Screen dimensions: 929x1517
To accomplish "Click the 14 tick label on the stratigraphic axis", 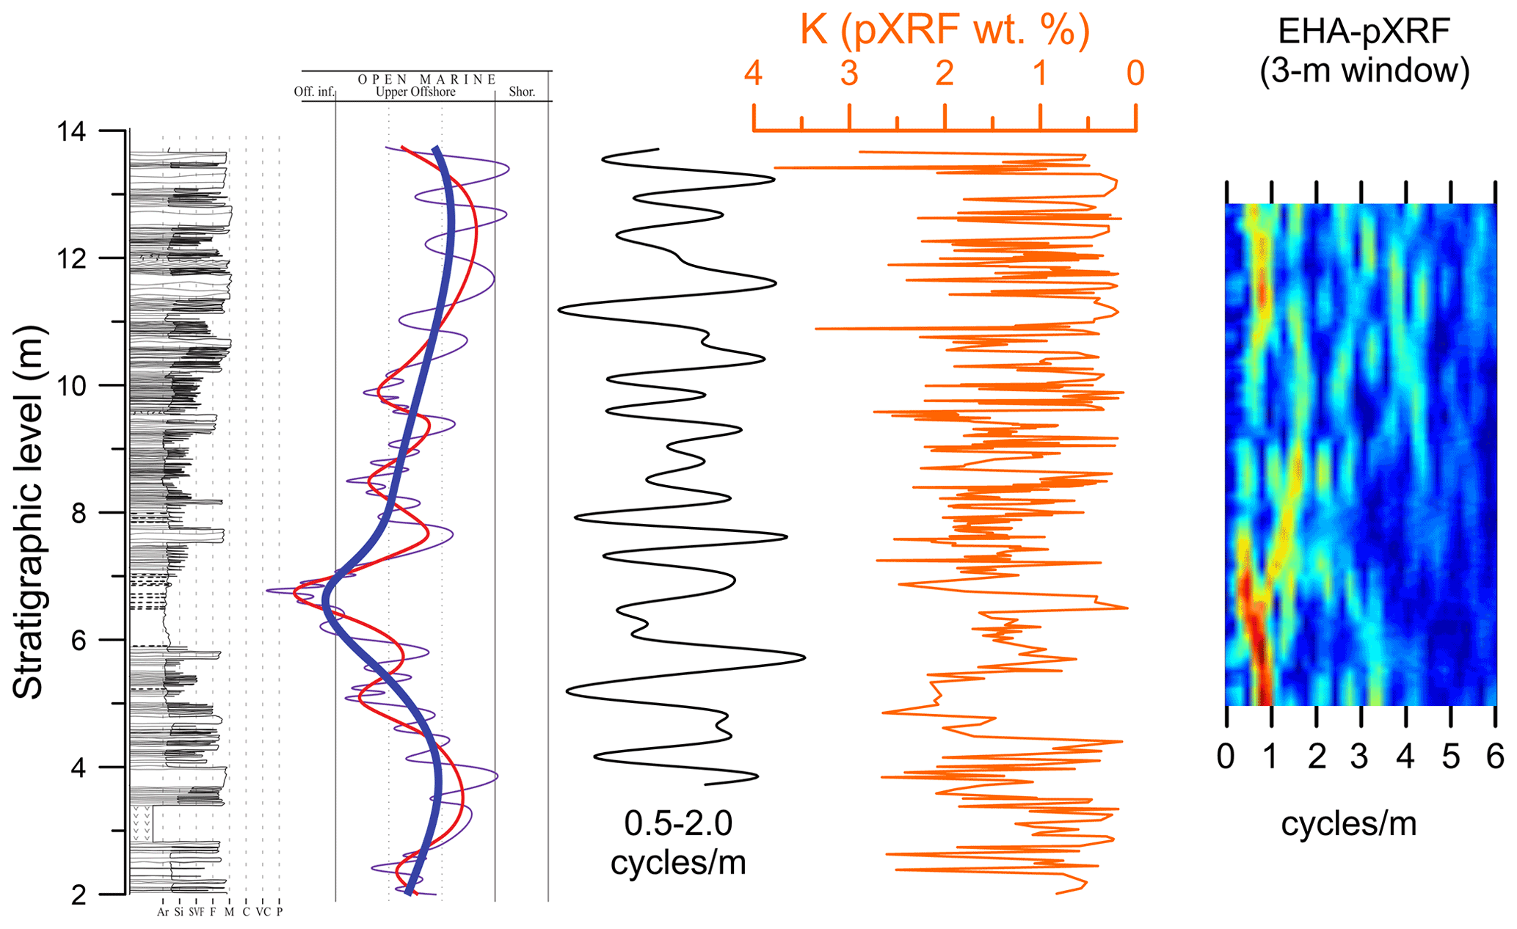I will [71, 131].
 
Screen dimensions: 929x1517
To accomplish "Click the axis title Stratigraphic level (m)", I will [29, 512].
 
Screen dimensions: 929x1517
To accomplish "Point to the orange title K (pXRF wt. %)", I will [945, 30].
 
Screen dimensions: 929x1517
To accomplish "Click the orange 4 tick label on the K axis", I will [754, 73].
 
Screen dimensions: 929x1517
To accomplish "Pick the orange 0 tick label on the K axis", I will [1135, 73].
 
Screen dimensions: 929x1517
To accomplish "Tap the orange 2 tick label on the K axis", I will [945, 73].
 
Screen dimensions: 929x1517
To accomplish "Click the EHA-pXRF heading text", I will [1364, 32].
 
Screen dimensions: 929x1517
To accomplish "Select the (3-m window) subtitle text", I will [1364, 71].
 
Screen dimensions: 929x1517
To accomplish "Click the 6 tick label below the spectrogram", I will [1495, 757].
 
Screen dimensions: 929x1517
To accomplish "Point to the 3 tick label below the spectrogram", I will [1359, 757].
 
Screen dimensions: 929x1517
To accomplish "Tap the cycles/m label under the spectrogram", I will [1349, 823].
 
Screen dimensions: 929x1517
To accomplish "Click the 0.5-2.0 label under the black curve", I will [678, 823].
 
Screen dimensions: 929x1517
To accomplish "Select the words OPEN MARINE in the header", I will [427, 79].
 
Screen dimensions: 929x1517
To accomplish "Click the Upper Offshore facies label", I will [415, 92].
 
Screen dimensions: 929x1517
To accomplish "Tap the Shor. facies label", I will [522, 92].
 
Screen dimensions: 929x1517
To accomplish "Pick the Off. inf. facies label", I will [314, 92].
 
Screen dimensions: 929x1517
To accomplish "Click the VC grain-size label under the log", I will [263, 912].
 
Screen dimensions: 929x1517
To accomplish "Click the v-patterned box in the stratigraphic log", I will [142, 823].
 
